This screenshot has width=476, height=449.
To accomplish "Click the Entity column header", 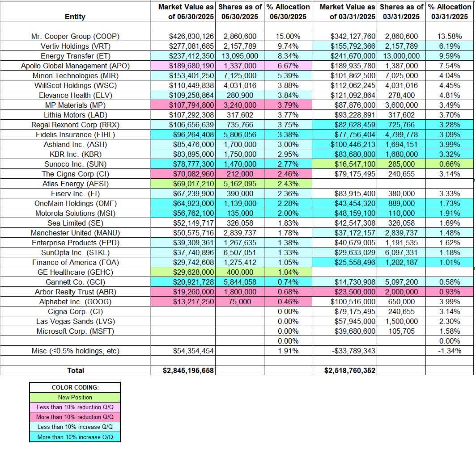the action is tap(75, 17).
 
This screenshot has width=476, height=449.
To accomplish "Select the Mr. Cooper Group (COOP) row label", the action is tap(75, 36).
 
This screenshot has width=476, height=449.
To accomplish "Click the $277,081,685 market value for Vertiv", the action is tap(183, 46).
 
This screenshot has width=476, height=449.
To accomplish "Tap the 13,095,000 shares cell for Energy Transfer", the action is tap(239, 56).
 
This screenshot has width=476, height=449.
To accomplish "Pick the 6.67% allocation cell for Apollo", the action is tap(288, 66).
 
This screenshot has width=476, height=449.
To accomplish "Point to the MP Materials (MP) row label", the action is tap(75, 105).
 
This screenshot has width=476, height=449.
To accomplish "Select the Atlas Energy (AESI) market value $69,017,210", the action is tap(183, 184).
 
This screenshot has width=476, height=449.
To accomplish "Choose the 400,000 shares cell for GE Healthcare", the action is tap(239, 272).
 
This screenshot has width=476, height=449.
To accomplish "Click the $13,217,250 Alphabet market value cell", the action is tap(183, 302).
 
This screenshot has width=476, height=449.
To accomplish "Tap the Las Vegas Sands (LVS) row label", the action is tap(75, 321).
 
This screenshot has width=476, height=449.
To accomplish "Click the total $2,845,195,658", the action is tap(183, 370).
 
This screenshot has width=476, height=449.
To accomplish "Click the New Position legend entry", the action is tap(75, 397).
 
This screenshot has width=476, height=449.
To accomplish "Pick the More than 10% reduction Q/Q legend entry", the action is tap(75, 417).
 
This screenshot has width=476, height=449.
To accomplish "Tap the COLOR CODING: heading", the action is tap(75, 387).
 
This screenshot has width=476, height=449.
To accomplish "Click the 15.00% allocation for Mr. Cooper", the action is tap(288, 36).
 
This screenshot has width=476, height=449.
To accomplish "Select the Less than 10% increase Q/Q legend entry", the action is tap(75, 427).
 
